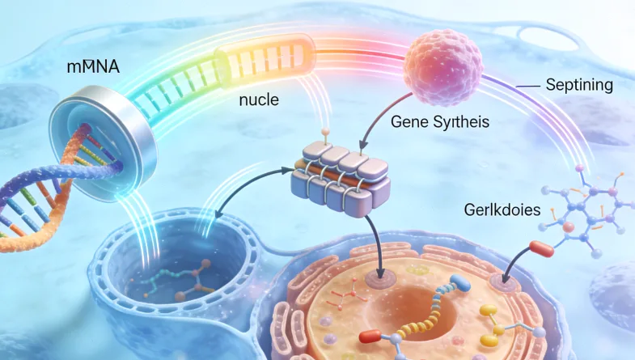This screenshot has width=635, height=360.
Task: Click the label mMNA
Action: coord(93,66)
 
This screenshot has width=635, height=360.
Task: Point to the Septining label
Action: coord(579,84)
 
